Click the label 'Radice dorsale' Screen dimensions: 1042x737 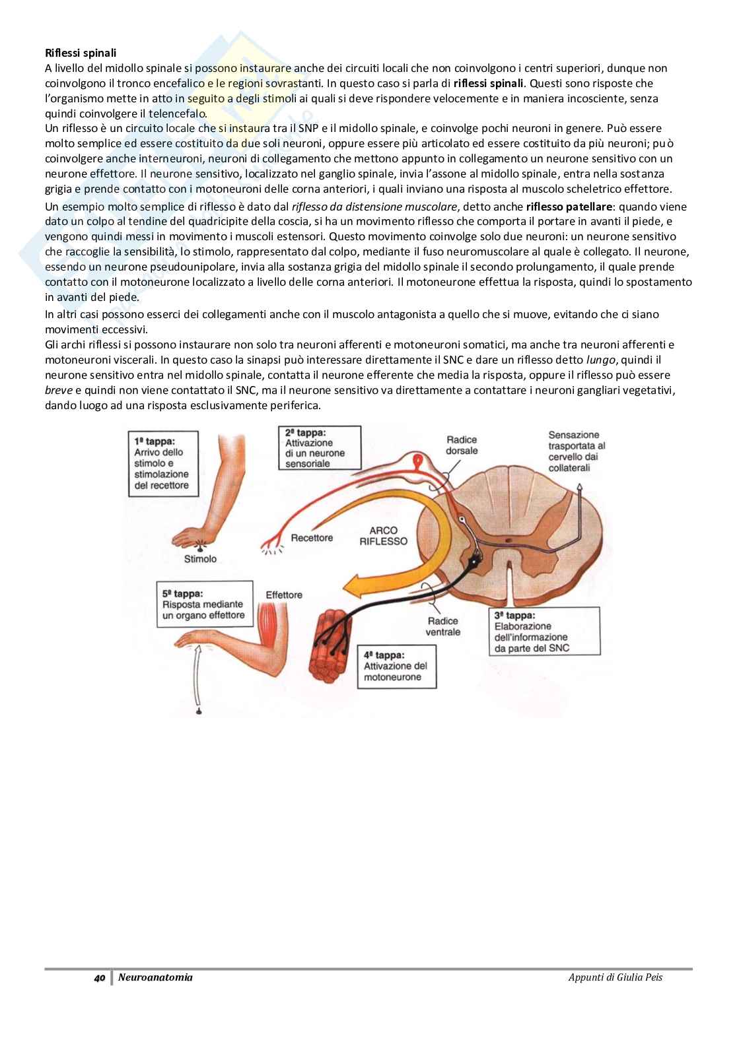462,445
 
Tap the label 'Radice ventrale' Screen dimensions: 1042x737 443,626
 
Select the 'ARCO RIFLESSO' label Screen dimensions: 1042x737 384,535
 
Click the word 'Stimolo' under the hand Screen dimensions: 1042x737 199,559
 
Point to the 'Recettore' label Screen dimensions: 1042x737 312,538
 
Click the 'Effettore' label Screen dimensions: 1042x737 284,595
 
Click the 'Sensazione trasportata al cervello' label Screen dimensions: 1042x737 576,451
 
